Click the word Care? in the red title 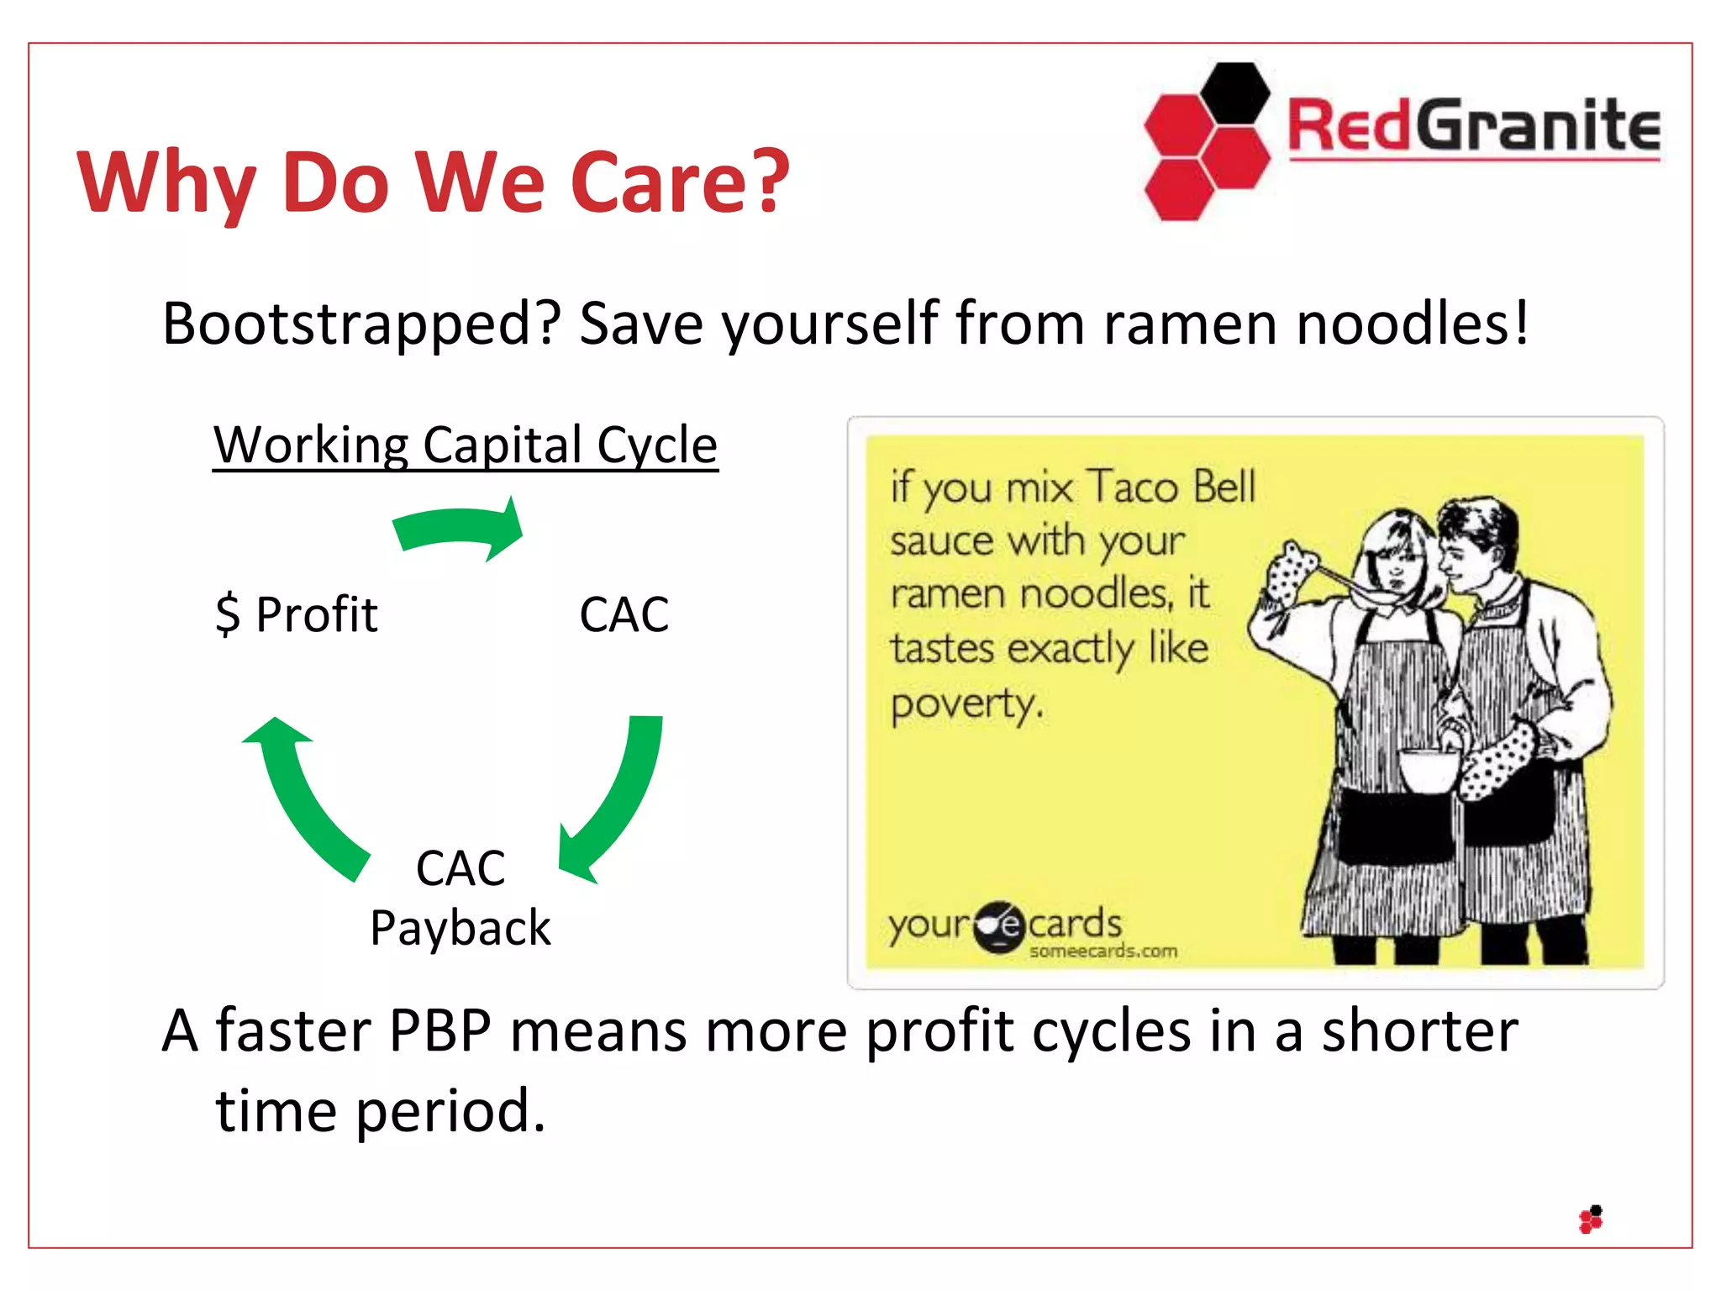[x=679, y=182]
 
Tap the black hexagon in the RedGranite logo [x=1234, y=92]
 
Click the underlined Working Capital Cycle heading [x=465, y=445]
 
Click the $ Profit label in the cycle [x=296, y=614]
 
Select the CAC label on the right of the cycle [x=624, y=614]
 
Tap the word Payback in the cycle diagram [x=460, y=928]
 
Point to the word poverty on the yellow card [x=966, y=703]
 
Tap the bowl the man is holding [x=1429, y=770]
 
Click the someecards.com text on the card [x=1103, y=951]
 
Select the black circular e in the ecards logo [x=999, y=926]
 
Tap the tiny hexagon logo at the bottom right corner [x=1591, y=1220]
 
